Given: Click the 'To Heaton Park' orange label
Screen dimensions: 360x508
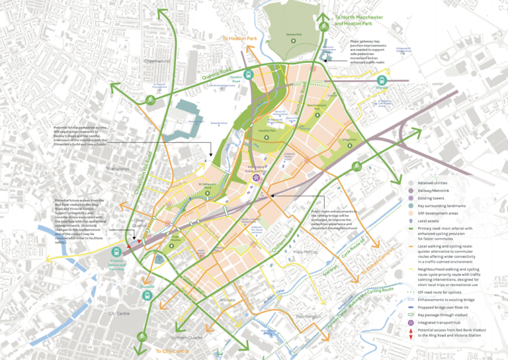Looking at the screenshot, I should tap(239, 39).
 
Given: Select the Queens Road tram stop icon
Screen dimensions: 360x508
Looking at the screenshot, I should tap(248, 75).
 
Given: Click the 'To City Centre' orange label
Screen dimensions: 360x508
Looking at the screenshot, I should tap(173, 350).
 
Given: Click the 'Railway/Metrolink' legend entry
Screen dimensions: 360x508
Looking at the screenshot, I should tap(440, 191).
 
